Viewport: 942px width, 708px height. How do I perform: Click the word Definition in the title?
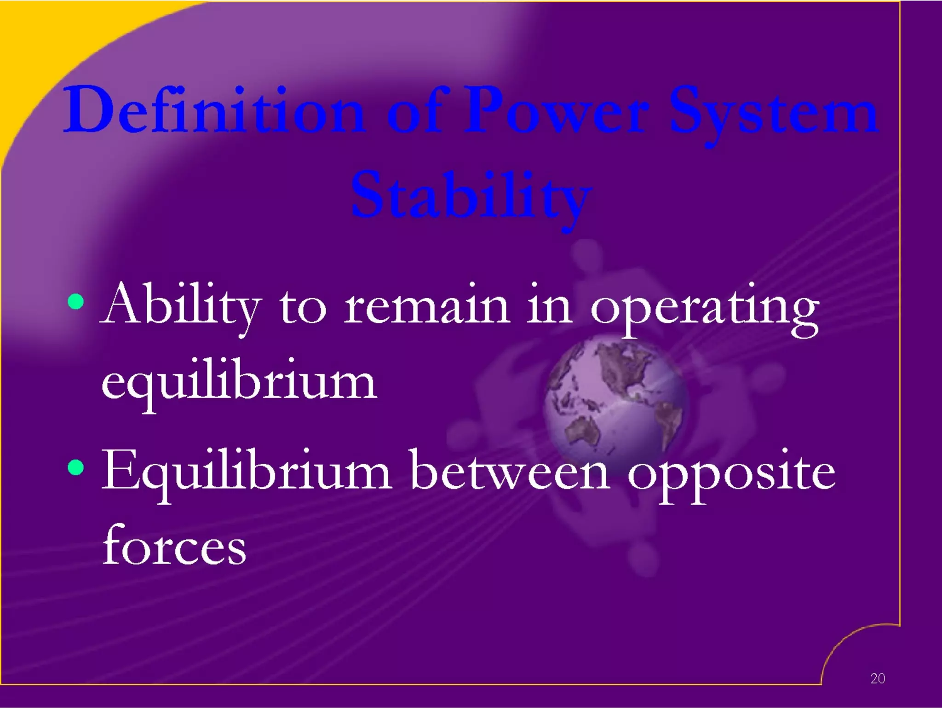214,110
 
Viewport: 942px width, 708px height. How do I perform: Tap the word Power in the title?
557,110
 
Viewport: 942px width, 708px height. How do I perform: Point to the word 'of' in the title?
416,110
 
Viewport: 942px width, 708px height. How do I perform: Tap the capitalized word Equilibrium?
246,474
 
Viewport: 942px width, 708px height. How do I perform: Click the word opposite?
731,476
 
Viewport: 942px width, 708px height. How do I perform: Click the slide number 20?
877,678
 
